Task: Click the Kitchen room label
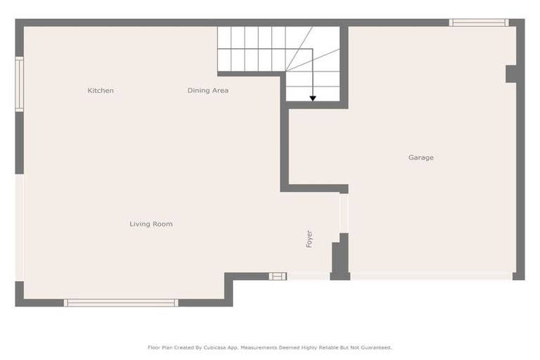[101, 91]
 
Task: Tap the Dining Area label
[208, 91]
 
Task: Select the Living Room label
[150, 224]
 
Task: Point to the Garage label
[421, 157]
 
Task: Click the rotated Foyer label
[309, 238]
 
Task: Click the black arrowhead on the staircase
[313, 98]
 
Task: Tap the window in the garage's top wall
[478, 23]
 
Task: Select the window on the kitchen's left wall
[20, 84]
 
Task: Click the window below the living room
[121, 303]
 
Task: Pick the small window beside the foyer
[278, 276]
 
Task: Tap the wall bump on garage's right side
[511, 74]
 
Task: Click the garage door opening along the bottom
[431, 276]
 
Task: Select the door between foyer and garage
[344, 213]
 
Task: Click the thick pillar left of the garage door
[340, 259]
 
